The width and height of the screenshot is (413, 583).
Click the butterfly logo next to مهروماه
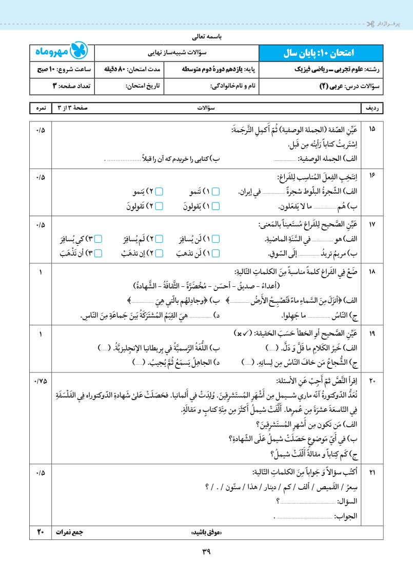pyautogui.click(x=81, y=52)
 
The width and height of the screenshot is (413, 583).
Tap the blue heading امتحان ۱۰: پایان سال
pyautogui.click(x=320, y=53)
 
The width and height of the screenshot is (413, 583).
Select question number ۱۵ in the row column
pyautogui.click(x=372, y=129)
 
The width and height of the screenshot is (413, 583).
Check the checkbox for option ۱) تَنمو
pyautogui.click(x=216, y=192)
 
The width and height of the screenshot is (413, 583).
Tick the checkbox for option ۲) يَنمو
pyautogui.click(x=159, y=192)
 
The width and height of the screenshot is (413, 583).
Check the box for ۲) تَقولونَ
pyautogui.click(x=159, y=206)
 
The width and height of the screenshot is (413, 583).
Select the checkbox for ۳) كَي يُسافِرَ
pyautogui.click(x=99, y=239)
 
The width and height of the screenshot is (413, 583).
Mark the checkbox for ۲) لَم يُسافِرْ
pyautogui.click(x=159, y=239)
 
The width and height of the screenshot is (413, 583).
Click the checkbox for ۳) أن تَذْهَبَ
pyautogui.click(x=99, y=253)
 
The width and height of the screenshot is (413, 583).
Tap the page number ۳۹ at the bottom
pyautogui.click(x=207, y=552)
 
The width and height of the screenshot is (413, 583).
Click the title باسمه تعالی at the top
pyautogui.click(x=206, y=37)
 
